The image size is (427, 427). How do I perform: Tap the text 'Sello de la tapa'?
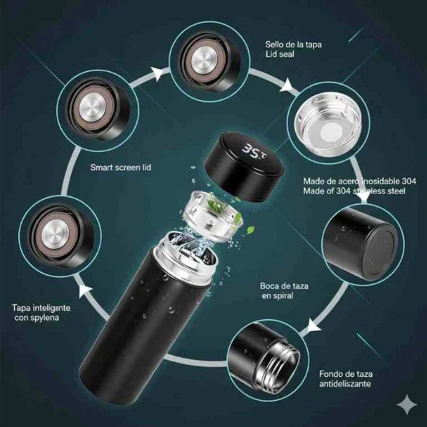click(293, 45)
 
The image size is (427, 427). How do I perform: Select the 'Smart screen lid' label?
click(121, 168)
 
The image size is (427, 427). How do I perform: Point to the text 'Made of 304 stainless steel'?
click(354, 191)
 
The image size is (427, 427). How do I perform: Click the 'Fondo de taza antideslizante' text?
click(346, 379)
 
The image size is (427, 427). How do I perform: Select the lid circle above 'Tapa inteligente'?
click(56, 236)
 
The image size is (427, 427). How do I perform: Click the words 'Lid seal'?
click(280, 54)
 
